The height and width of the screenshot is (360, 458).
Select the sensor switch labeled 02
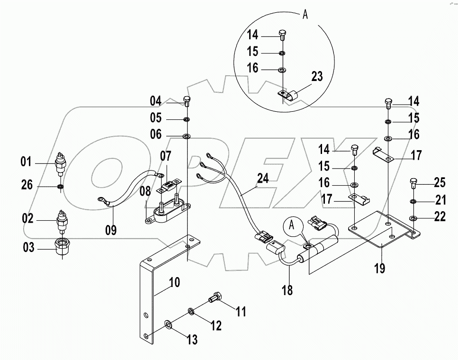pos(62,219)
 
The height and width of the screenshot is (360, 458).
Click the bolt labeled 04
pos(187,101)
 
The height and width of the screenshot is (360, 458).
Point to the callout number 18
pos(287,289)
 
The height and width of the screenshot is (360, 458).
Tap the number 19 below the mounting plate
pos(379,268)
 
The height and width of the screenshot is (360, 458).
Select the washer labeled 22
pos(413,218)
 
